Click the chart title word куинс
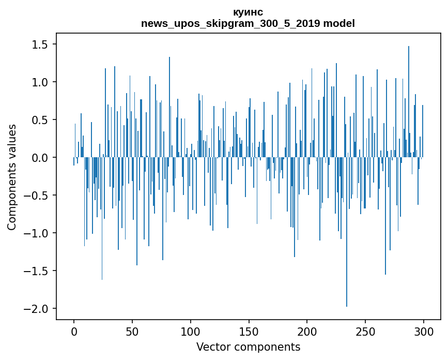point(248,12)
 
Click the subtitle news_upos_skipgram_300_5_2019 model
point(248,23)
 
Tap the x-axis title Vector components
point(248,347)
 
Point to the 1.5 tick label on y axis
point(39,45)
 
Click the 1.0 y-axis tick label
point(39,83)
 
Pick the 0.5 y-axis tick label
point(39,121)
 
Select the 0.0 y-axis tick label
point(39,158)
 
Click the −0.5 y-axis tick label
point(36,196)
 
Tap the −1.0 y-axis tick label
point(36,233)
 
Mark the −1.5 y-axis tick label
point(36,271)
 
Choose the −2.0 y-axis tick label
point(36,309)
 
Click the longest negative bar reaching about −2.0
point(347,233)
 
